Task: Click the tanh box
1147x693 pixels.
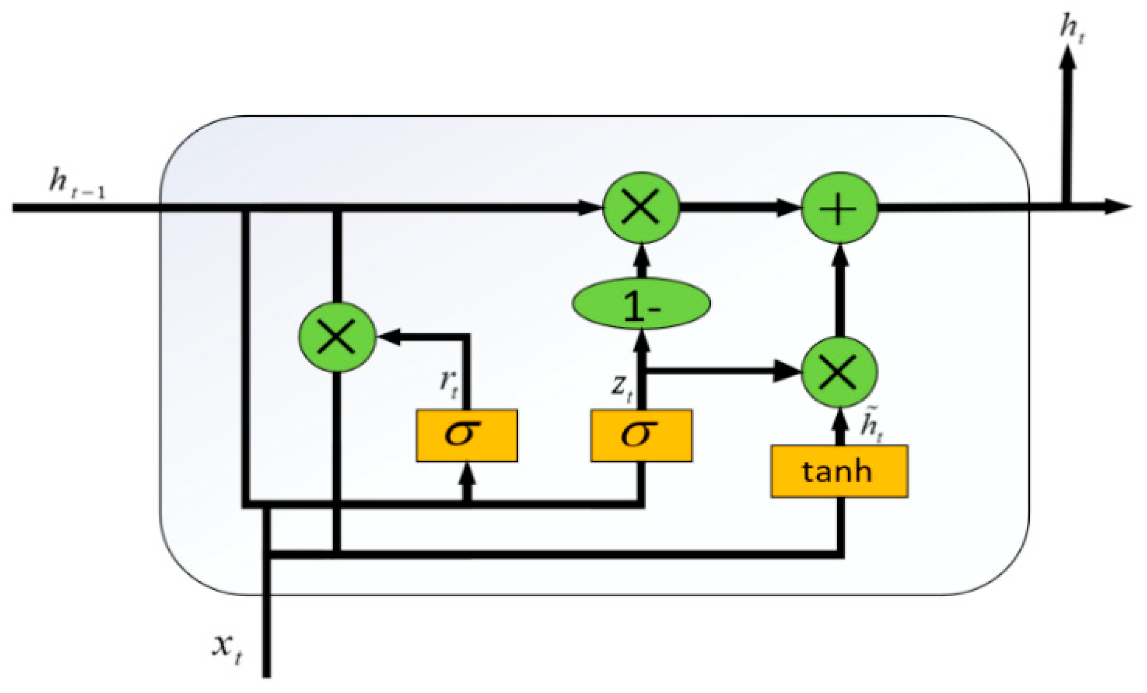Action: pos(838,471)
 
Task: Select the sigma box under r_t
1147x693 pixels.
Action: pos(466,435)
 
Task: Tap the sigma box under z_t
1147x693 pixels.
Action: pos(641,435)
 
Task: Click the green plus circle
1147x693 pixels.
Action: pos(839,208)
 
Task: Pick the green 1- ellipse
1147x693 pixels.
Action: pos(641,304)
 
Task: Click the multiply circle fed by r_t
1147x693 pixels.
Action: pos(337,337)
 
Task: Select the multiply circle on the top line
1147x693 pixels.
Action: pos(641,208)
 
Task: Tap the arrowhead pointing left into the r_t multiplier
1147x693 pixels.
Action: pos(389,337)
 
